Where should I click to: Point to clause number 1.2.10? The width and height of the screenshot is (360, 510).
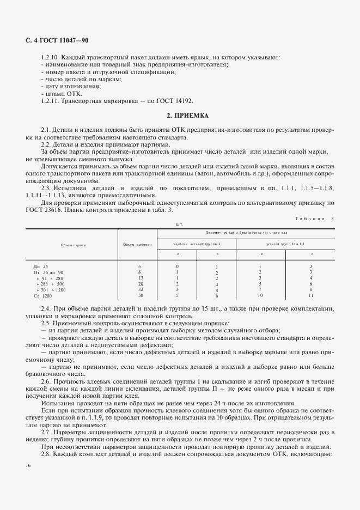click(51, 57)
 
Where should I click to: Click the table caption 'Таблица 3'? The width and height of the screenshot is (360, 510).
click(315, 218)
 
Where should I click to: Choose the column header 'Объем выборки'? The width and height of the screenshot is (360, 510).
click(137, 245)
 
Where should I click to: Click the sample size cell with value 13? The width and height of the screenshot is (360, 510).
click(140, 278)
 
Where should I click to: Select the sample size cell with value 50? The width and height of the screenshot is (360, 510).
click(140, 295)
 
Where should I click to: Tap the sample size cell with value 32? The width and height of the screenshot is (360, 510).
click(140, 289)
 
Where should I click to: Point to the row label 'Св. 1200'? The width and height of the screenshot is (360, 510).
click(42, 295)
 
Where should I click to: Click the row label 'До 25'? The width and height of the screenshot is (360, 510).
click(41, 266)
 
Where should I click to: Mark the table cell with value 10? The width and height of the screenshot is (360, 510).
click(261, 295)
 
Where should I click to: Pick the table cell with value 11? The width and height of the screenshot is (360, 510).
click(310, 295)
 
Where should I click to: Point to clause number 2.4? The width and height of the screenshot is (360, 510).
click(46, 308)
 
